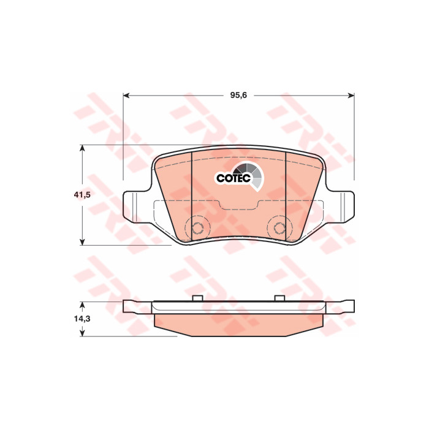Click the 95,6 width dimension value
tap(238, 95)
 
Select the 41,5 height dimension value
tap(82, 195)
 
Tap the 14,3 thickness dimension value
tap(82, 319)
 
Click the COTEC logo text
tap(233, 178)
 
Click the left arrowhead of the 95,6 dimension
tap(126, 95)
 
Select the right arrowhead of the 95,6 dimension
tap(351, 95)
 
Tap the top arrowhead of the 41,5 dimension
tap(82, 148)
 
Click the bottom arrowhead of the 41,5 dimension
tap(82, 242)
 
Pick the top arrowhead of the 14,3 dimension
tap(82, 305)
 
